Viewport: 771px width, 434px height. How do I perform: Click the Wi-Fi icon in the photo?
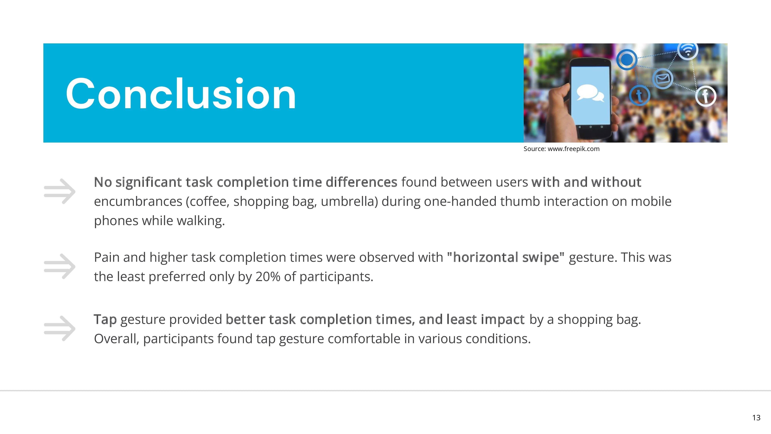pos(688,50)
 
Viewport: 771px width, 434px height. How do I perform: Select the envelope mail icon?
pos(663,79)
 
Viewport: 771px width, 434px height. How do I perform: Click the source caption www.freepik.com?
pos(561,149)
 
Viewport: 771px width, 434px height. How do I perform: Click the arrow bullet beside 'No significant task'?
pos(60,191)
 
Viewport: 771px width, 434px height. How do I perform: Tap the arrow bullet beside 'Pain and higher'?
pos(60,266)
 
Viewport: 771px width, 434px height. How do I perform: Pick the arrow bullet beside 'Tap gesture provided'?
pos(60,328)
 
